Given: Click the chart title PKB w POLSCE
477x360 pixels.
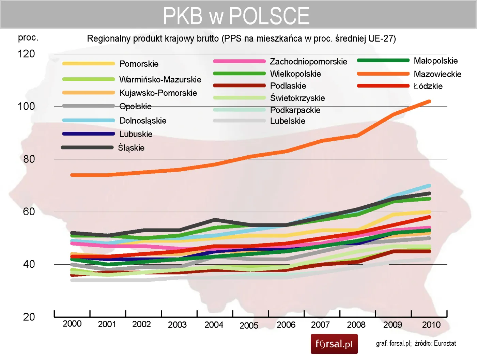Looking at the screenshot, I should pyautogui.click(x=236, y=16).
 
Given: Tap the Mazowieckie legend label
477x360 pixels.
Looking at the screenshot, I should pyautogui.click(x=437, y=74).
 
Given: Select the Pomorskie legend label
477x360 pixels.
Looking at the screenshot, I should pyautogui.click(x=139, y=64).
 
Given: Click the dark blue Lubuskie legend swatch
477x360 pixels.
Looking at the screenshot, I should pyautogui.click(x=89, y=134).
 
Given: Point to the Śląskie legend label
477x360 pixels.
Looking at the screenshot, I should pyautogui.click(x=131, y=148).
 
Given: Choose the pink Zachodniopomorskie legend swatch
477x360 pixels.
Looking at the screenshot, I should pyautogui.click(x=239, y=61).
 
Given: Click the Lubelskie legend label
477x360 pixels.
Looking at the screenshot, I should pyautogui.click(x=288, y=121).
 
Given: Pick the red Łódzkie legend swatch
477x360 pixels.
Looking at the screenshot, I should pyautogui.click(x=383, y=86).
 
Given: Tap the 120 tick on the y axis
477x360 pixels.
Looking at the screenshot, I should pyautogui.click(x=26, y=54).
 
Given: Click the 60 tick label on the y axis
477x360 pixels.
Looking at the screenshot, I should pyautogui.click(x=29, y=212).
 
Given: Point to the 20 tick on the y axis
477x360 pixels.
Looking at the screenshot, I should pyautogui.click(x=29, y=317).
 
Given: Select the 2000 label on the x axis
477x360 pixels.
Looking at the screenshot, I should pyautogui.click(x=72, y=324).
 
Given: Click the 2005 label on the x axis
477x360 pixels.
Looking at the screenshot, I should pyautogui.click(x=249, y=326).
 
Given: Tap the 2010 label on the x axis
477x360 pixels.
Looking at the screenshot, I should pyautogui.click(x=431, y=325).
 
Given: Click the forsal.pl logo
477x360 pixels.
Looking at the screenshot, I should pyautogui.click(x=334, y=344).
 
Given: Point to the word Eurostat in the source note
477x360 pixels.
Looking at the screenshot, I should pyautogui.click(x=445, y=343).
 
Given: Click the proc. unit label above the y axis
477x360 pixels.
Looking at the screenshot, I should pyautogui.click(x=28, y=37).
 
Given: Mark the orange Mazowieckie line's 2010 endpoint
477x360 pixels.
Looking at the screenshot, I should pyautogui.click(x=429, y=101).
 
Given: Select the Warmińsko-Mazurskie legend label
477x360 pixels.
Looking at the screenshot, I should pyautogui.click(x=160, y=79).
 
